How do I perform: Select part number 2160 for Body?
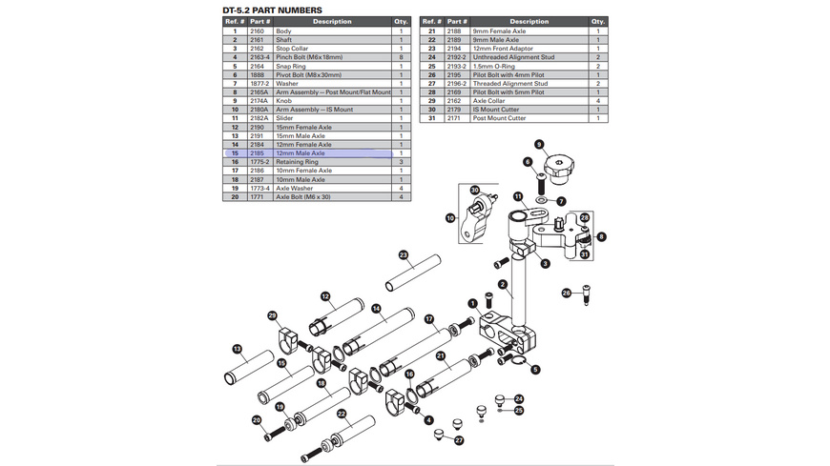257,31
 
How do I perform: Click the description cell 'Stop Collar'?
292,49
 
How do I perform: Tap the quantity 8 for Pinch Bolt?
401,57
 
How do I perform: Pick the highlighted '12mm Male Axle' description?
301,153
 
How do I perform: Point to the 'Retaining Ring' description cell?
297,162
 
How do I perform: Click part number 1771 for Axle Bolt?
257,196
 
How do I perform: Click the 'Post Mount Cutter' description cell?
500,118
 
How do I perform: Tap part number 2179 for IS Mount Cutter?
456,110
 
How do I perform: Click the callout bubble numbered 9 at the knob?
539,145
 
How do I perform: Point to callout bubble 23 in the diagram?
404,255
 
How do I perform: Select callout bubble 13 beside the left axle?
238,349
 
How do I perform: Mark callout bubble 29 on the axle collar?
272,315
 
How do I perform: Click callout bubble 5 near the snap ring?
535,370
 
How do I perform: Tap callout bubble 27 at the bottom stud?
459,440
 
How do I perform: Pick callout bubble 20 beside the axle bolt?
256,420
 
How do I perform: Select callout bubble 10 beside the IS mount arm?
450,218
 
